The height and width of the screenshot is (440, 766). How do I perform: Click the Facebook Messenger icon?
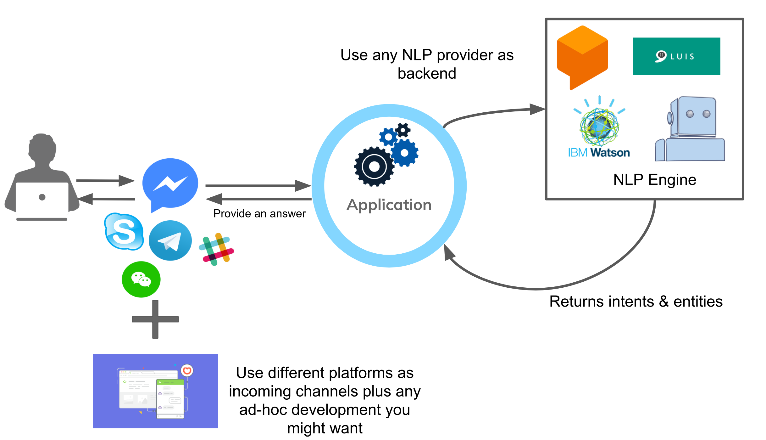[x=170, y=184]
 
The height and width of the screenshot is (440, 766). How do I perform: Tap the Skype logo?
[x=124, y=232]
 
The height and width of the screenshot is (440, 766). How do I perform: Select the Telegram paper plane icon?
[x=170, y=241]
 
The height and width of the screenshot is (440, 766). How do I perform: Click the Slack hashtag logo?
[x=216, y=249]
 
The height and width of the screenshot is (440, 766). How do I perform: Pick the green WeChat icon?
[x=141, y=279]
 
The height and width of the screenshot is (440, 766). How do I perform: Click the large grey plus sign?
[x=155, y=319]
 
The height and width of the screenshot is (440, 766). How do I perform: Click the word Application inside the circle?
[x=389, y=205]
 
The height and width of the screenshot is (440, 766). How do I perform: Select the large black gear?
[x=374, y=166]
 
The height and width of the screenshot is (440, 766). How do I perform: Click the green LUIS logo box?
[x=676, y=56]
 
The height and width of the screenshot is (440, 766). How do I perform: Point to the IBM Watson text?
[x=599, y=153]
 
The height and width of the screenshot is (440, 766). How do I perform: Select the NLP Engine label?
[x=655, y=180]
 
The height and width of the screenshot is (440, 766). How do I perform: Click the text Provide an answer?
[x=259, y=214]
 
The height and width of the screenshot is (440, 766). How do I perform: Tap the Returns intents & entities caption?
[x=636, y=302]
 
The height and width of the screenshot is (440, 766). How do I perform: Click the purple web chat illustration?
[x=155, y=391]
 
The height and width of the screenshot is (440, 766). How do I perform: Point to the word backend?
[x=427, y=74]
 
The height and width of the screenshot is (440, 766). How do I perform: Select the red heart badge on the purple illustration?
[x=187, y=370]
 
